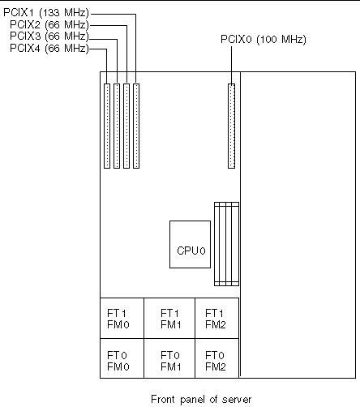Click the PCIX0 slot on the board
point(230,126)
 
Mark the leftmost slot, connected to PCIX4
point(106,126)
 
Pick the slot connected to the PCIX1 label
point(136,126)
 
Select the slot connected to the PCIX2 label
point(126,126)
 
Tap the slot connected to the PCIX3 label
point(116,126)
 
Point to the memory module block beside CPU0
point(228,245)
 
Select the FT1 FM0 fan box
point(121,318)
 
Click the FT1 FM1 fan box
point(169,318)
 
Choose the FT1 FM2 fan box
point(216,318)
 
